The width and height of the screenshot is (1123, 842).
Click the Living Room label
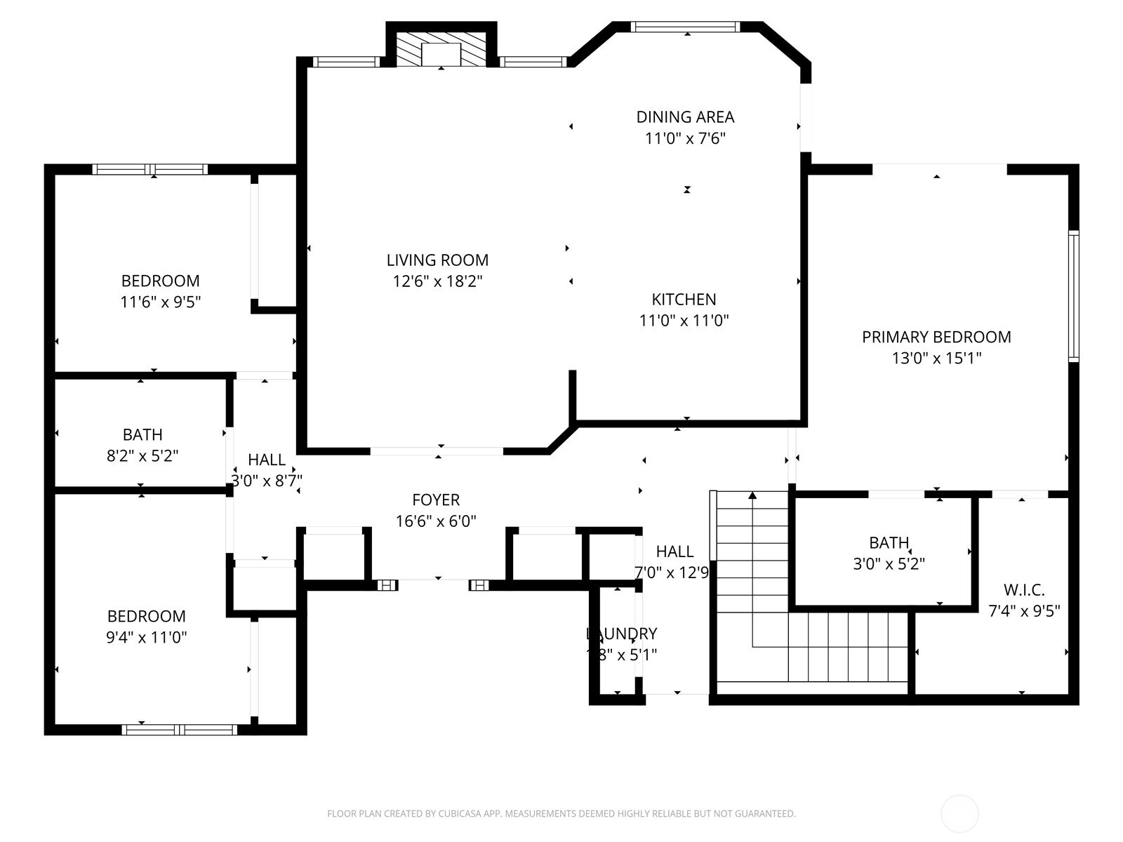coord(437,260)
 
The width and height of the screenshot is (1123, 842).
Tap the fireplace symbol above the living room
coord(441,51)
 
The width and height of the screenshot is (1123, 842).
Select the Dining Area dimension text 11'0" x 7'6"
coord(685,138)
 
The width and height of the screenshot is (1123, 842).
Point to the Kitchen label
coord(684,300)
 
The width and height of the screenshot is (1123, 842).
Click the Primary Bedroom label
coord(936,337)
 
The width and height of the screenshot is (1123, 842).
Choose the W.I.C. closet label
coord(1024,590)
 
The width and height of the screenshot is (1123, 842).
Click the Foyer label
coord(436,500)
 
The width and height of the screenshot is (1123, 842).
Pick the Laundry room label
coord(622,634)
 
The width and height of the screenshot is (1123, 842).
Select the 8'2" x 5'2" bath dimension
coord(142,456)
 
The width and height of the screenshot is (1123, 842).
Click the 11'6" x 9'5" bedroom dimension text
coord(161,302)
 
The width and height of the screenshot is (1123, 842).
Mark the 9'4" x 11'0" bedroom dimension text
coord(147,638)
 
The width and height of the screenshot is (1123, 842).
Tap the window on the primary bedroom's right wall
coord(1073,295)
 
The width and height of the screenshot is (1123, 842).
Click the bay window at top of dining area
coord(685,27)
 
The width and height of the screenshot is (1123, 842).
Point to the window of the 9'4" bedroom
coord(180,730)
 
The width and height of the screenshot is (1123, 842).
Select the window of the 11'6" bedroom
coord(150,169)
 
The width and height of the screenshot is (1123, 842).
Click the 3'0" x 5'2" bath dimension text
coord(889,564)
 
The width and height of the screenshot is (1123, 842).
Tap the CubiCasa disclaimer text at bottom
coord(561,814)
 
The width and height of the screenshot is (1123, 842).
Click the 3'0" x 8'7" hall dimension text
coord(267,481)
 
